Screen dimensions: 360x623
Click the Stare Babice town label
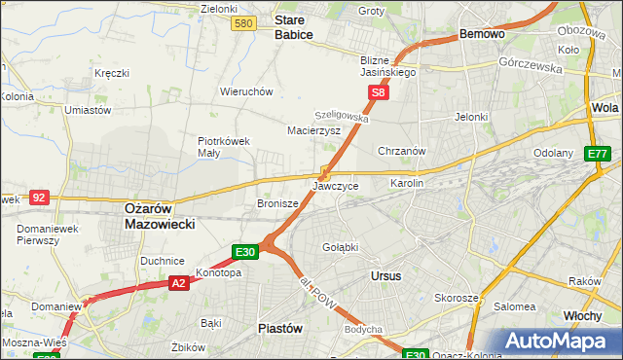pos(293,26)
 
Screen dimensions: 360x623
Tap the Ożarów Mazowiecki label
pos(160,216)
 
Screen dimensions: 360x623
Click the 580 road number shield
pos(244,23)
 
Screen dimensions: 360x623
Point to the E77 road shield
pos(597,154)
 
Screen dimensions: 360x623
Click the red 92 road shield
pos(39,197)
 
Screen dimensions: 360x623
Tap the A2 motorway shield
pos(178,283)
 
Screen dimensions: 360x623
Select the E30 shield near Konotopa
pos(245,252)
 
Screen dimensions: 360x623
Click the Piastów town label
pos(279,328)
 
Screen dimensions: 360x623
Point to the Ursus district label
pos(386,276)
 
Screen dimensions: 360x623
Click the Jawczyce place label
pos(336,185)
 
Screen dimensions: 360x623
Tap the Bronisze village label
pos(276,204)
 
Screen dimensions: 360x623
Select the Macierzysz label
pos(313,129)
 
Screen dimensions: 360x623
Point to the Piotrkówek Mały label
pos(224,146)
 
